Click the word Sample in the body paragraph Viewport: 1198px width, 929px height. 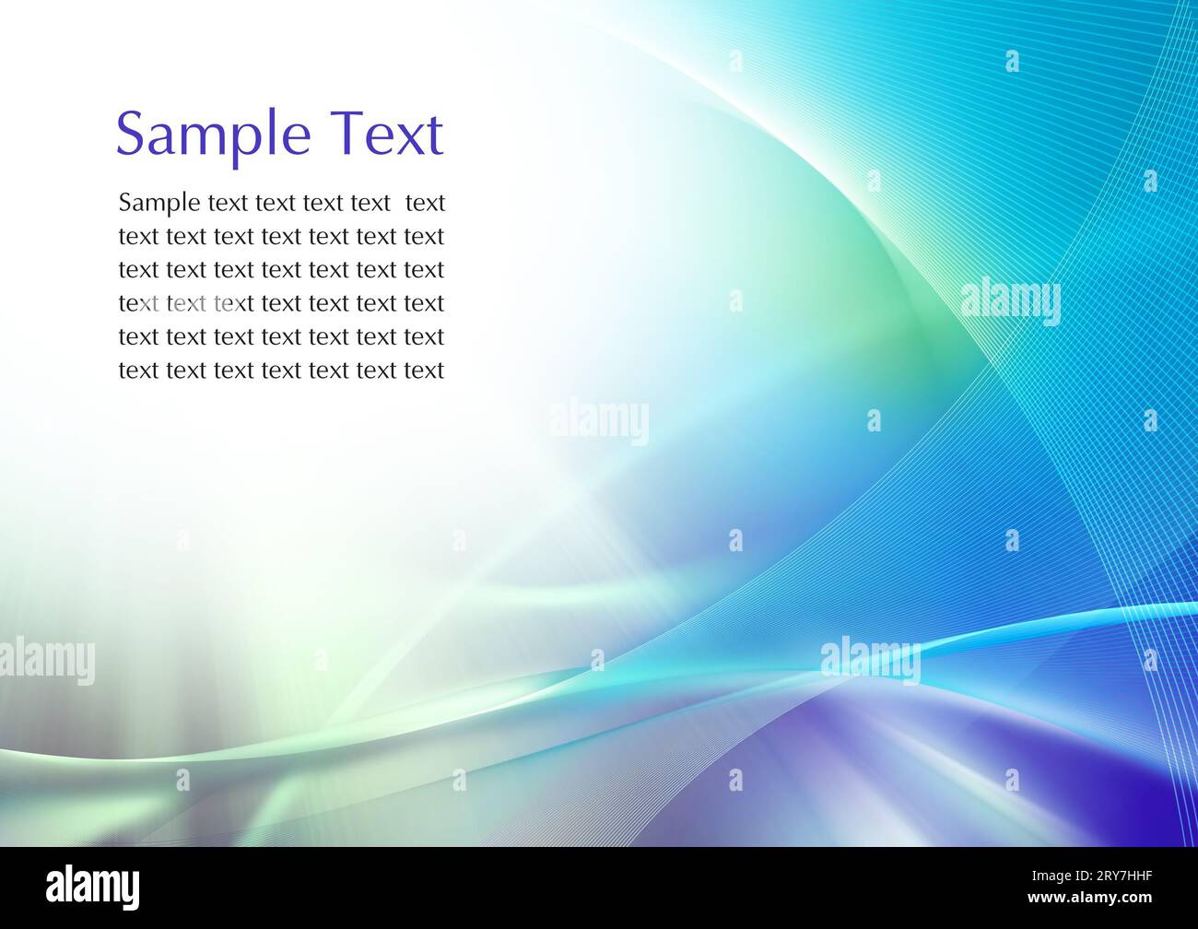(x=159, y=204)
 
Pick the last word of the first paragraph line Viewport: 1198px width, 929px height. (x=425, y=203)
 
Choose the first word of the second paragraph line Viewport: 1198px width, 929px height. (x=138, y=237)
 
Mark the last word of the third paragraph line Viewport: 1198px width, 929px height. (x=424, y=270)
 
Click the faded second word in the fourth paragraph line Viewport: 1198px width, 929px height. (x=186, y=303)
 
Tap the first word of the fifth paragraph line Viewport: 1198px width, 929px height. (x=138, y=337)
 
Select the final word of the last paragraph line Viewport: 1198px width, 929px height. (x=424, y=370)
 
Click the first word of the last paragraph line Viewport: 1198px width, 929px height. (x=138, y=370)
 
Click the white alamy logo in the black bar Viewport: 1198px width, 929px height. (x=93, y=888)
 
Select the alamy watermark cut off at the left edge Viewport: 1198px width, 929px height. (x=46, y=661)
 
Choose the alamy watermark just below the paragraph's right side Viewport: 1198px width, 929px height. (x=600, y=422)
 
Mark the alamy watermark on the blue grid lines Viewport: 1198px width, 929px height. (x=1010, y=302)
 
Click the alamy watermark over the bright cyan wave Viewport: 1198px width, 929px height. (x=870, y=659)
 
